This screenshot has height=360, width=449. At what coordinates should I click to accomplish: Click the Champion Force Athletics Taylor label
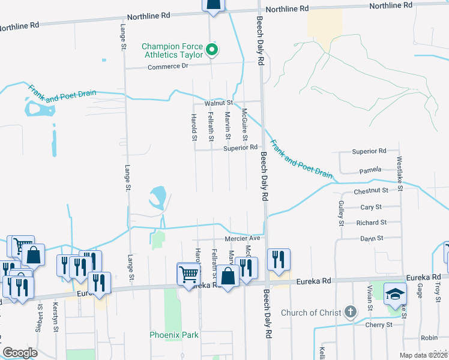pyautogui.click(x=172, y=50)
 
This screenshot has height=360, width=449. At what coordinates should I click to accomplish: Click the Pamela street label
pyautogui.click(x=370, y=170)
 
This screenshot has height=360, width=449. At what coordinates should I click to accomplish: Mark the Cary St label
pyautogui.click(x=371, y=207)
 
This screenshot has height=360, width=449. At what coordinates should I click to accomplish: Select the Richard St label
pyautogui.click(x=371, y=223)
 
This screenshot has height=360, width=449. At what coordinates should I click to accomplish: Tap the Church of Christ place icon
pyautogui.click(x=351, y=312)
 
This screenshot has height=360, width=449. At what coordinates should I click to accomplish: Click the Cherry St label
pyautogui.click(x=379, y=325)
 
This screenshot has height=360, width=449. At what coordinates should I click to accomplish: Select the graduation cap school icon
pyautogui.click(x=395, y=294)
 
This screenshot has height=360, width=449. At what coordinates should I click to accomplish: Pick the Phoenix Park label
pyautogui.click(x=174, y=334)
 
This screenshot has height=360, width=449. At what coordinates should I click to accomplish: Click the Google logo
pyautogui.click(x=20, y=353)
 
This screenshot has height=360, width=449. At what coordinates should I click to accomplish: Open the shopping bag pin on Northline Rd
pyautogui.click(x=214, y=6)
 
